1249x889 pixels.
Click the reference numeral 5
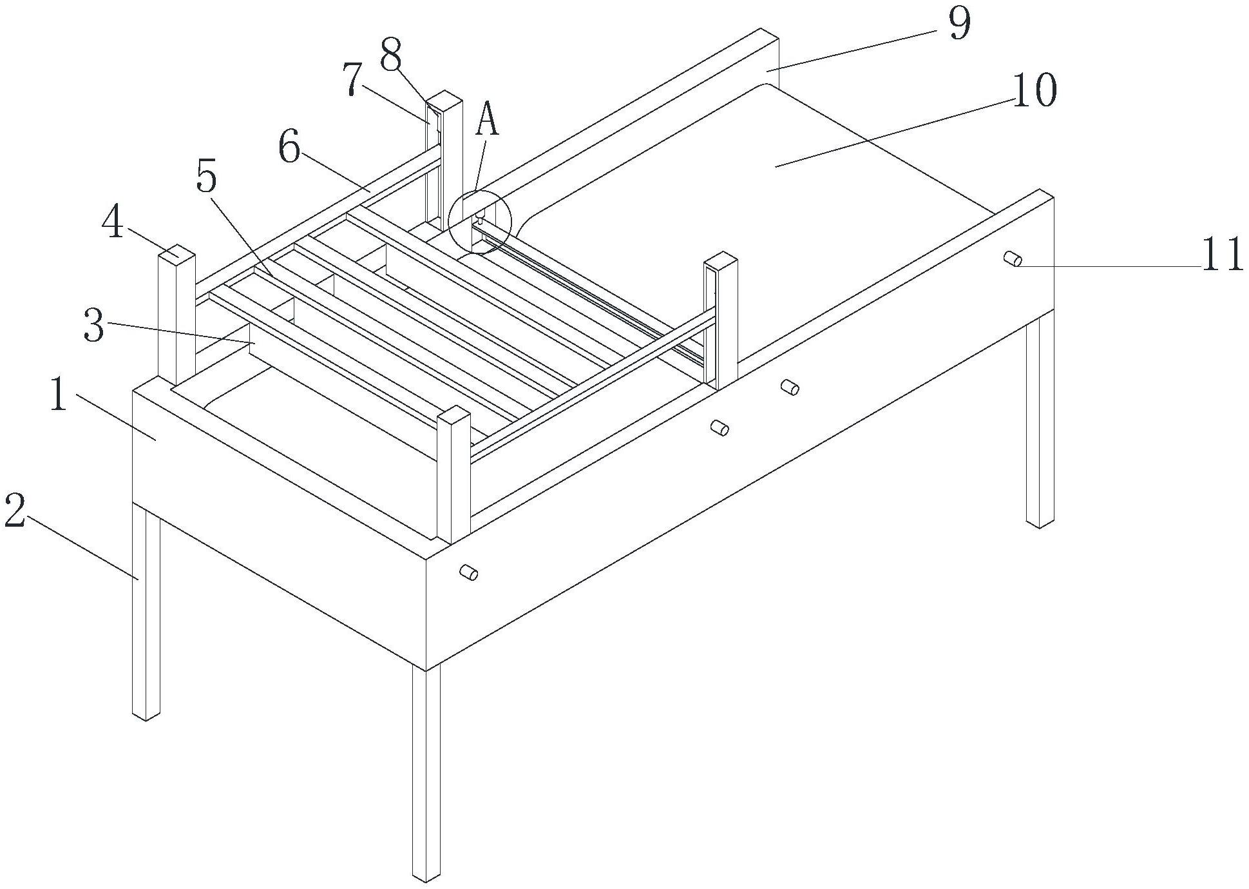(x=206, y=174)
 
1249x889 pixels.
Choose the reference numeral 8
(x=390, y=55)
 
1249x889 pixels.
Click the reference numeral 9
(x=959, y=24)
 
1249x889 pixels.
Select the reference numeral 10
(x=1034, y=90)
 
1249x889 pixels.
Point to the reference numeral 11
(x=1221, y=255)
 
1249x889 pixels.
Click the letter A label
(x=487, y=121)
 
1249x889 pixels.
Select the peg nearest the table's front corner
(x=468, y=572)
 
